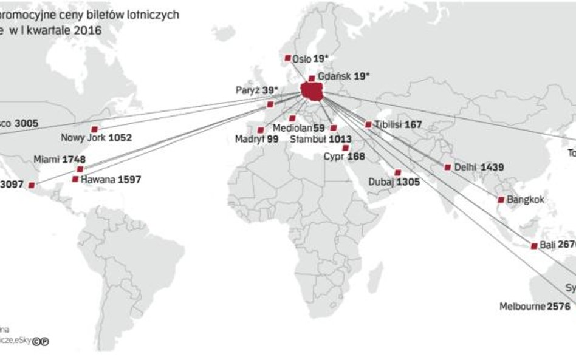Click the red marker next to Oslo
click(287, 58)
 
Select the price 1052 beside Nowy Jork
click(120, 138)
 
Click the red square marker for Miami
click(80, 169)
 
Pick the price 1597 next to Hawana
click(129, 180)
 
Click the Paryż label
click(248, 90)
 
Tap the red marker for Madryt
click(261, 130)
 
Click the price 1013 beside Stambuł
click(341, 139)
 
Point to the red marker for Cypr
click(346, 148)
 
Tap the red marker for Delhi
click(448, 167)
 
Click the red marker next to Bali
click(534, 246)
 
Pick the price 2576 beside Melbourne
click(558, 307)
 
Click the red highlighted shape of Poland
click(312, 92)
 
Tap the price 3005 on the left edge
click(26, 123)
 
